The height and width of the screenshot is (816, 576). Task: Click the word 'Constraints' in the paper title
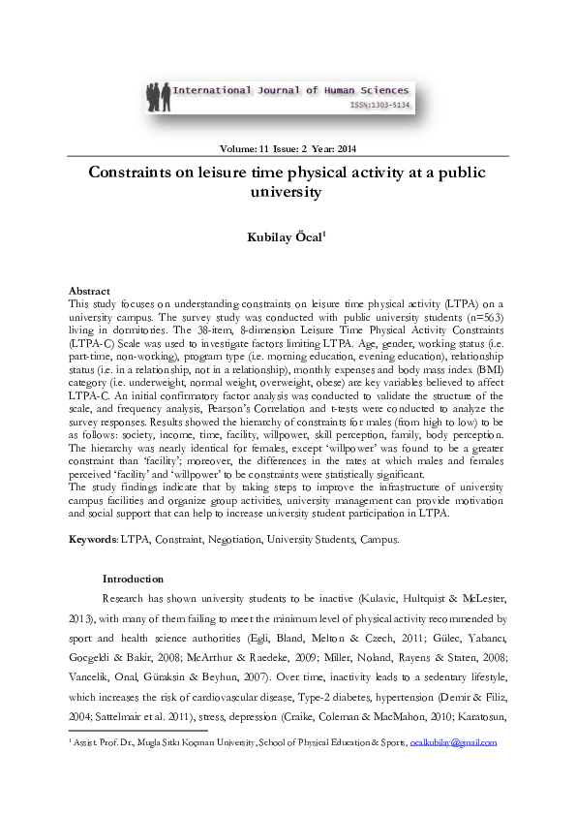pos(137,173)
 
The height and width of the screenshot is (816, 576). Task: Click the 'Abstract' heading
pos(89,291)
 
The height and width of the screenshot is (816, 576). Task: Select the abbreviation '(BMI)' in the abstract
pos(488,372)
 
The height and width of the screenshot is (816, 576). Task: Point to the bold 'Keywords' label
pos(93,538)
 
